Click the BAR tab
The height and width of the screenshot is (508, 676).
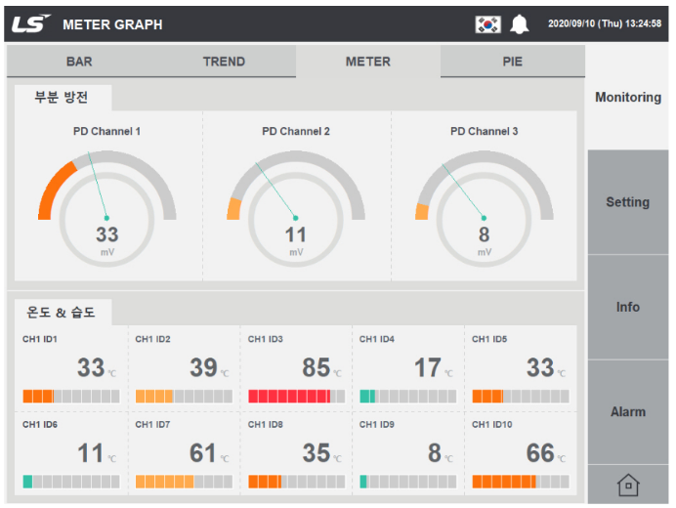click(x=79, y=62)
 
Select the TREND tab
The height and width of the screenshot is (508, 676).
click(x=224, y=62)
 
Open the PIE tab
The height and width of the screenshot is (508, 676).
click(x=513, y=62)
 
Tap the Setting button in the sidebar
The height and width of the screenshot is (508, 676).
click(x=628, y=202)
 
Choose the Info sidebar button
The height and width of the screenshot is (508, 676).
click(x=628, y=307)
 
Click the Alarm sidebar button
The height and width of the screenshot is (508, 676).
click(x=628, y=412)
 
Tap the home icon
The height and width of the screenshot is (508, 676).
click(x=628, y=486)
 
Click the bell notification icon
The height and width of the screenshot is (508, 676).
click(x=520, y=24)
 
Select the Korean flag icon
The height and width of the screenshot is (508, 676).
click(x=488, y=24)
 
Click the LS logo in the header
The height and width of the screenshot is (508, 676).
click(x=30, y=23)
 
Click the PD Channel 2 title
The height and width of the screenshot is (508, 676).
click(x=296, y=131)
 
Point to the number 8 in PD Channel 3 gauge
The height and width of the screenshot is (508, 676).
click(x=484, y=235)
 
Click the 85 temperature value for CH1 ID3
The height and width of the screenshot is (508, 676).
click(x=316, y=368)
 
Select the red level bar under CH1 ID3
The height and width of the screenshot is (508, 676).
click(x=297, y=396)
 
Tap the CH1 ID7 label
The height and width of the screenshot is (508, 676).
click(x=152, y=425)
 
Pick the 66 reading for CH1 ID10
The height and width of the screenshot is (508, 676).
click(x=540, y=453)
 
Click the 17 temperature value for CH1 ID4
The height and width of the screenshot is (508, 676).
click(x=428, y=368)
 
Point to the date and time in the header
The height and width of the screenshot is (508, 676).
click(x=605, y=23)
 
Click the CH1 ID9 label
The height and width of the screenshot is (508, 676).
click(x=377, y=425)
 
